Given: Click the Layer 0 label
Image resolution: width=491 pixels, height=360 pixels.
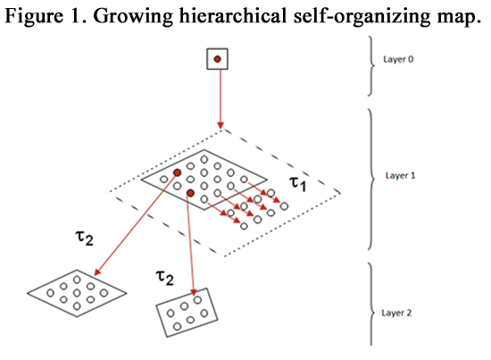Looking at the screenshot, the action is pyautogui.click(x=398, y=59).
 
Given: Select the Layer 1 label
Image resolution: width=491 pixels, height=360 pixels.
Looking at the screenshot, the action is pyautogui.click(x=400, y=175).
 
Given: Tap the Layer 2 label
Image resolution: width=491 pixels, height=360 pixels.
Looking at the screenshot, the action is pyautogui.click(x=396, y=313).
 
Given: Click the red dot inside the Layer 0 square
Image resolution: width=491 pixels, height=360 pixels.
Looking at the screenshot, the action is pyautogui.click(x=217, y=59).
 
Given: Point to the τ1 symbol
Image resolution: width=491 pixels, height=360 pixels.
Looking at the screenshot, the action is pyautogui.click(x=297, y=183).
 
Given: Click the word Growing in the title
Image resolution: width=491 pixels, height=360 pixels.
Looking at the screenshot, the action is pyautogui.click(x=133, y=16).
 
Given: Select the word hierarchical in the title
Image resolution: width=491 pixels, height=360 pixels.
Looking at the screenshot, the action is pyautogui.click(x=233, y=15).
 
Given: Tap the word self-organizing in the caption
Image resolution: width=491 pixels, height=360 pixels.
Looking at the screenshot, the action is pyautogui.click(x=362, y=16).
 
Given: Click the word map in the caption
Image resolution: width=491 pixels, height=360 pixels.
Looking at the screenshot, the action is pyautogui.click(x=458, y=18).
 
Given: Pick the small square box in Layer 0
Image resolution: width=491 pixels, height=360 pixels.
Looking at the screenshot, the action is pyautogui.click(x=217, y=59).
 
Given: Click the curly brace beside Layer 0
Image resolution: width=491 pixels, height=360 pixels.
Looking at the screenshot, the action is pyautogui.click(x=371, y=66).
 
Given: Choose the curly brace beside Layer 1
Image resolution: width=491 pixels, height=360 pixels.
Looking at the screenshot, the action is pyautogui.click(x=371, y=180).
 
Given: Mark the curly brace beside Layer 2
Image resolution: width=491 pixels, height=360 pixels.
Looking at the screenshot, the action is pyautogui.click(x=371, y=304).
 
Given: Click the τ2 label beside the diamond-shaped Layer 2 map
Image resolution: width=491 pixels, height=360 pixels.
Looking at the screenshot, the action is pyautogui.click(x=84, y=238).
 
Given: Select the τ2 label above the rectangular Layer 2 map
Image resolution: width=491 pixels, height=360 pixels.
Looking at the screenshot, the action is pyautogui.click(x=165, y=278).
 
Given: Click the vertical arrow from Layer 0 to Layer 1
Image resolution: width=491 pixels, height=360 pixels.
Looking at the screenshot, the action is pyautogui.click(x=221, y=99).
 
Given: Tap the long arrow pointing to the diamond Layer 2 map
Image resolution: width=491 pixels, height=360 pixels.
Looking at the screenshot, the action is pyautogui.click(x=136, y=224).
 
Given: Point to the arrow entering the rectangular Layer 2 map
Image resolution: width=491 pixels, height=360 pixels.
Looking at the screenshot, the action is pyautogui.click(x=191, y=245).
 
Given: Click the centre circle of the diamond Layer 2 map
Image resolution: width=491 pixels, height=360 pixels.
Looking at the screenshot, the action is pyautogui.click(x=77, y=293).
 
